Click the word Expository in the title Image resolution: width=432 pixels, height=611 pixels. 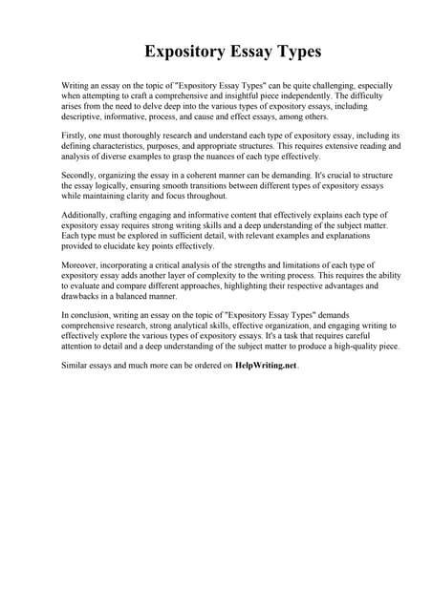coord(189,50)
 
